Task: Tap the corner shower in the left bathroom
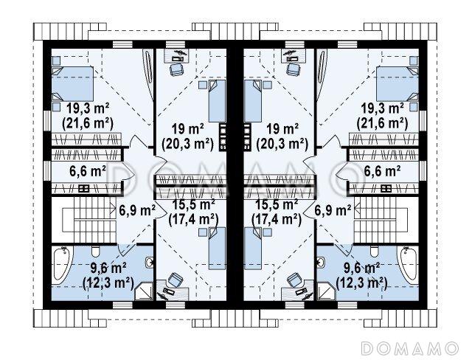point(145,291)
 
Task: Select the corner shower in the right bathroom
point(326,291)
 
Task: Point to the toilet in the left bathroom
point(96,252)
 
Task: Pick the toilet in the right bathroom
point(375,252)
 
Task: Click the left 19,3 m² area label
point(88,109)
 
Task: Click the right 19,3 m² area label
point(382,109)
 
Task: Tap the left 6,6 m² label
point(88,171)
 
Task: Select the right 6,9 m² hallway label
point(333,210)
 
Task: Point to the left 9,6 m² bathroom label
point(108,267)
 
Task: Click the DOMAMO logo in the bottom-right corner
point(409,348)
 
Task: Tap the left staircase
point(89,219)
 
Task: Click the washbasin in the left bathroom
point(150,263)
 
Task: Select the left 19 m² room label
point(187,130)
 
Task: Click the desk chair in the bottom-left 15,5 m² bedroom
point(175,280)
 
